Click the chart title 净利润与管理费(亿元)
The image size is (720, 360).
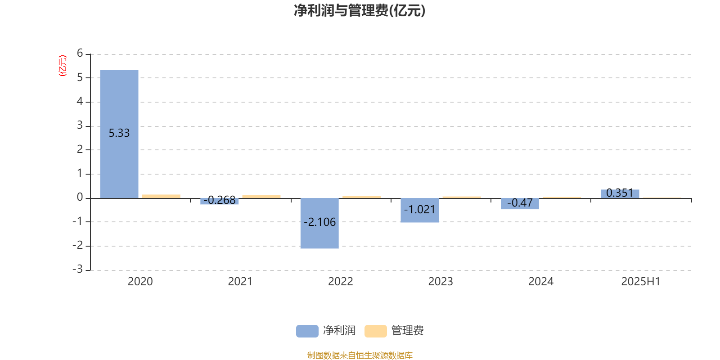(x=360, y=11)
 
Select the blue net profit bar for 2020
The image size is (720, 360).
(x=119, y=134)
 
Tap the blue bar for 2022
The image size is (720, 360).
(x=319, y=223)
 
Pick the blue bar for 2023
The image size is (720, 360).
(x=419, y=210)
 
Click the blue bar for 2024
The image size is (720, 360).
(x=520, y=204)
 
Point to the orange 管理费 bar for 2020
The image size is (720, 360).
(x=161, y=196)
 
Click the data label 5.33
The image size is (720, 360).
(x=119, y=133)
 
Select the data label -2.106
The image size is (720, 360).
(x=319, y=222)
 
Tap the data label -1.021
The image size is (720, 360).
(x=419, y=210)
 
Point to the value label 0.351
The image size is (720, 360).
(x=620, y=193)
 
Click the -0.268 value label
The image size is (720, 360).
(x=220, y=200)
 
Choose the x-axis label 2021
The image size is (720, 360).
(x=240, y=282)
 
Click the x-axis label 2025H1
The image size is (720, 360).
(x=641, y=282)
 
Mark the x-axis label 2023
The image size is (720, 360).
(x=441, y=282)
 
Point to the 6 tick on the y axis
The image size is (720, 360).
(x=80, y=53)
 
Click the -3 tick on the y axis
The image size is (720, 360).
(x=77, y=269)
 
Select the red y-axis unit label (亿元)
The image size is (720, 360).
(x=63, y=66)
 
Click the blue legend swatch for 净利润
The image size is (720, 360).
(x=307, y=331)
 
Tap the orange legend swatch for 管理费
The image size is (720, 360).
(x=375, y=331)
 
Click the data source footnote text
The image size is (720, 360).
(x=360, y=355)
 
